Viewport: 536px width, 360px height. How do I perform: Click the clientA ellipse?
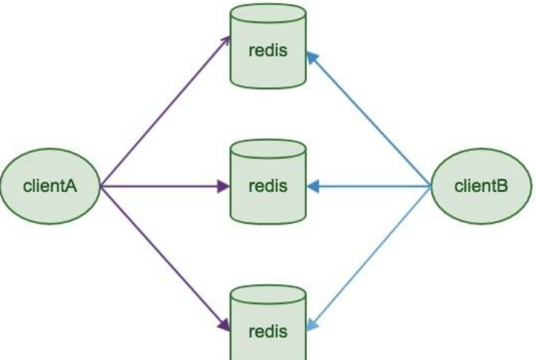tap(50, 186)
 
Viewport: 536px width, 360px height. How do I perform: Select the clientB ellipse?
tap(481, 186)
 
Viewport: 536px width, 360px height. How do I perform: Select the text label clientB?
tap(481, 186)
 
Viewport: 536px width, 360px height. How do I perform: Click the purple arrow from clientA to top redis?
tap(164, 112)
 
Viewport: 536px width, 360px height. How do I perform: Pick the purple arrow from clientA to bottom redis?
tap(164, 257)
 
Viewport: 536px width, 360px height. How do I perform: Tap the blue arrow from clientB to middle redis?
tap(372, 186)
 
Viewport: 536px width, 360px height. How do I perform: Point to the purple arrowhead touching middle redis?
tap(222, 186)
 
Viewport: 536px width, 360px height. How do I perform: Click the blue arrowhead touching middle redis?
tap(313, 186)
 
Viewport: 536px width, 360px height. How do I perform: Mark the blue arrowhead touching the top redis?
tap(311, 55)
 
